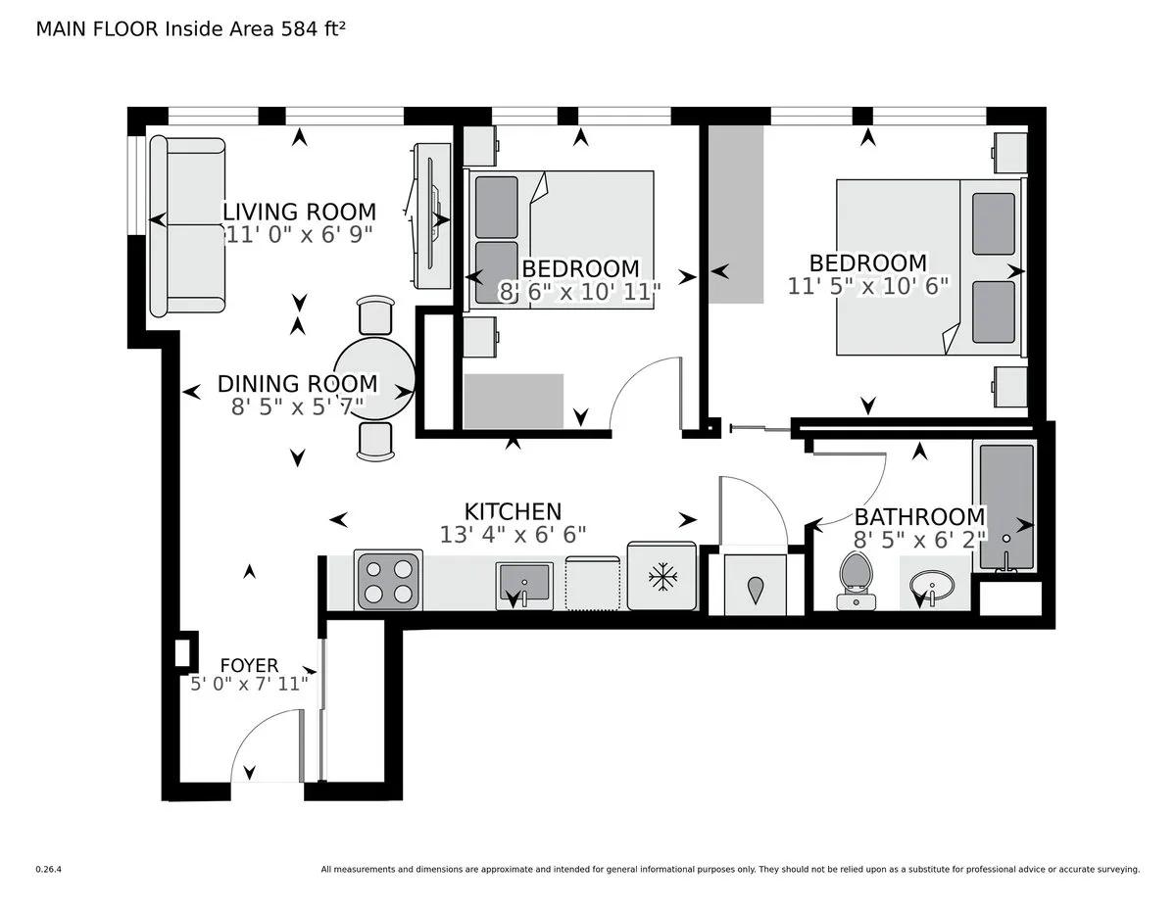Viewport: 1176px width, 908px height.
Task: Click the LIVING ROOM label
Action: (x=299, y=212)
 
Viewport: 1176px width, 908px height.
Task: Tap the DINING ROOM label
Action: (x=297, y=384)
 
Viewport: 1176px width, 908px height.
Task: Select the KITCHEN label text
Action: (x=513, y=511)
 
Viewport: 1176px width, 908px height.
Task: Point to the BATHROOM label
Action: (x=919, y=517)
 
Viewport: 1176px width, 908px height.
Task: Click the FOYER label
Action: (x=249, y=666)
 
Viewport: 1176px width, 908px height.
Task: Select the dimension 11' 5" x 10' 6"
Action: (x=867, y=285)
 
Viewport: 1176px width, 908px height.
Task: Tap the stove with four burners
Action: (x=389, y=579)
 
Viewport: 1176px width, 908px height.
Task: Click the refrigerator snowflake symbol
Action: (x=663, y=578)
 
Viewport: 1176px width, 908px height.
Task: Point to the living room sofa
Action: (x=186, y=225)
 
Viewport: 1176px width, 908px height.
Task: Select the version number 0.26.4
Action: (x=49, y=869)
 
